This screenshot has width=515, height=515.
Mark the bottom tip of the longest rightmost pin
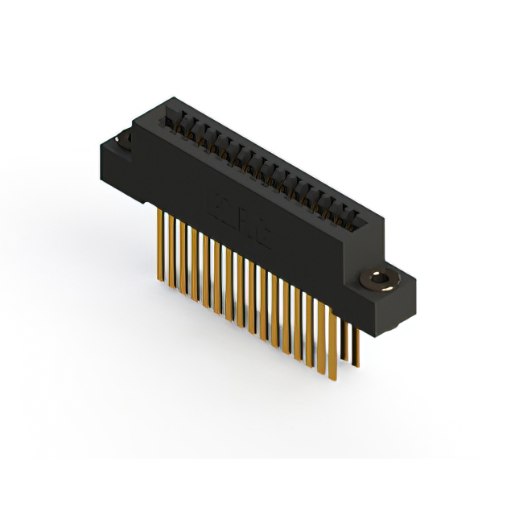coord(332,379)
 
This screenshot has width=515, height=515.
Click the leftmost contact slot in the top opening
coord(171,121)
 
